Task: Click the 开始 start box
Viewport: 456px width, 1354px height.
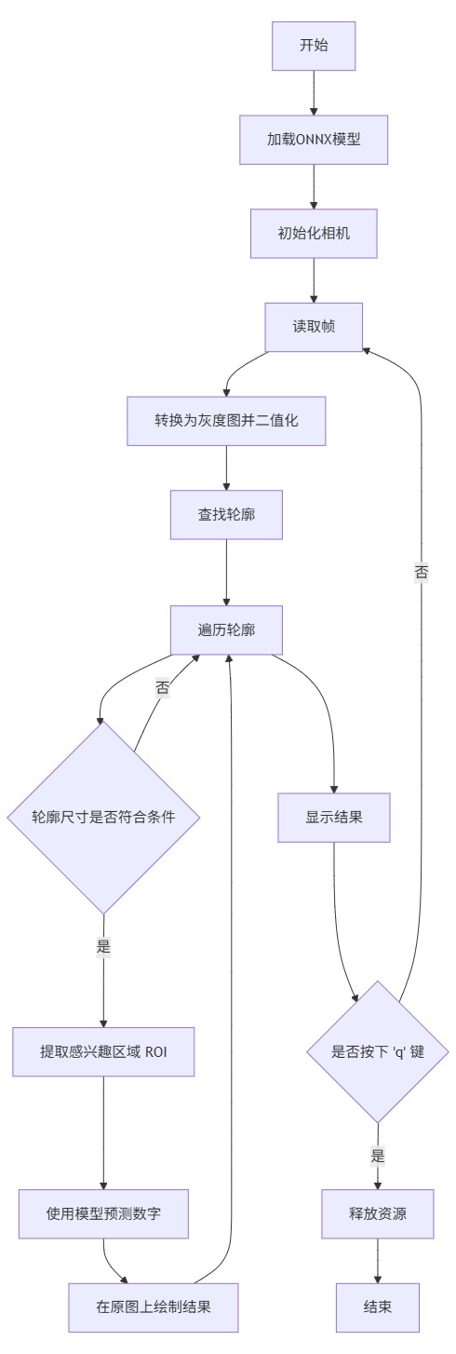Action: point(314,46)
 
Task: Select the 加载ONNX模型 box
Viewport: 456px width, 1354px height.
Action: point(314,140)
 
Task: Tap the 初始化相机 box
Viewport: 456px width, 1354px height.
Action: point(314,234)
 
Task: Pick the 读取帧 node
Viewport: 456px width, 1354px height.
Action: point(314,327)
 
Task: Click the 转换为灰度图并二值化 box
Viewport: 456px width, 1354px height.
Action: point(226,421)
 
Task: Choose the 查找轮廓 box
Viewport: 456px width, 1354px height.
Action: point(226,514)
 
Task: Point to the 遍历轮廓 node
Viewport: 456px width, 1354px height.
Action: point(226,630)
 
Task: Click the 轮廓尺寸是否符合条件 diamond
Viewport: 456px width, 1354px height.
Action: point(103,818)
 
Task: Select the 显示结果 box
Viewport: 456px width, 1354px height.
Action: point(334,818)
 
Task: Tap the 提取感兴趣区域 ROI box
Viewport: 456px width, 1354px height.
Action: point(103,1051)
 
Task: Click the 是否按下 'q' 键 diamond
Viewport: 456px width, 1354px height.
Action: point(378,1051)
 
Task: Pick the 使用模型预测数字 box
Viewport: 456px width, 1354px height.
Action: point(103,1213)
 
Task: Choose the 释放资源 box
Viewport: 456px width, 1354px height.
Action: point(378,1213)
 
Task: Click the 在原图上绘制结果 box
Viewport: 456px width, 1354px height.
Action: point(154,1307)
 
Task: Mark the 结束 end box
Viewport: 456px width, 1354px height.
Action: point(378,1307)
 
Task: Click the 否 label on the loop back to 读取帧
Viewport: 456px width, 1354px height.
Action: point(421,572)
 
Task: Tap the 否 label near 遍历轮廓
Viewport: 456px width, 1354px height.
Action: point(163,688)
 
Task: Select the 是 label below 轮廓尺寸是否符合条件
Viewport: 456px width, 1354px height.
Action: point(103,947)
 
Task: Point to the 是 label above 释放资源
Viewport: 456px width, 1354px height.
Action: point(378,1157)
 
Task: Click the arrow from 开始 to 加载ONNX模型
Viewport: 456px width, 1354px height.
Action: point(314,93)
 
